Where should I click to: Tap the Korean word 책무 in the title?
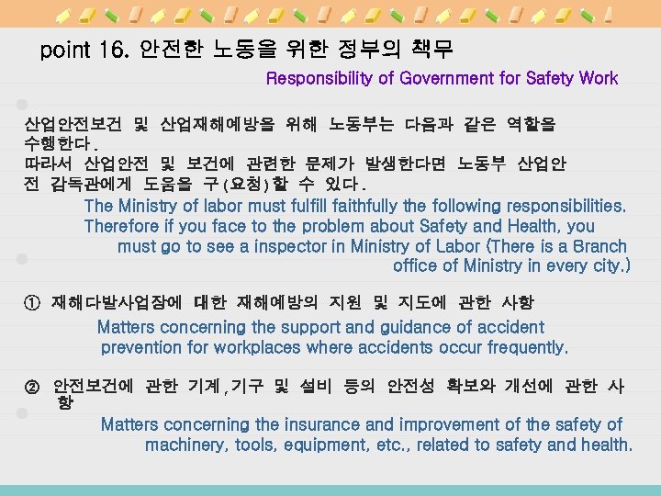coord(430,48)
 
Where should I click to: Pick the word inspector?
coord(281,246)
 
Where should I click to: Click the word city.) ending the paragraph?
coord(608,266)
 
